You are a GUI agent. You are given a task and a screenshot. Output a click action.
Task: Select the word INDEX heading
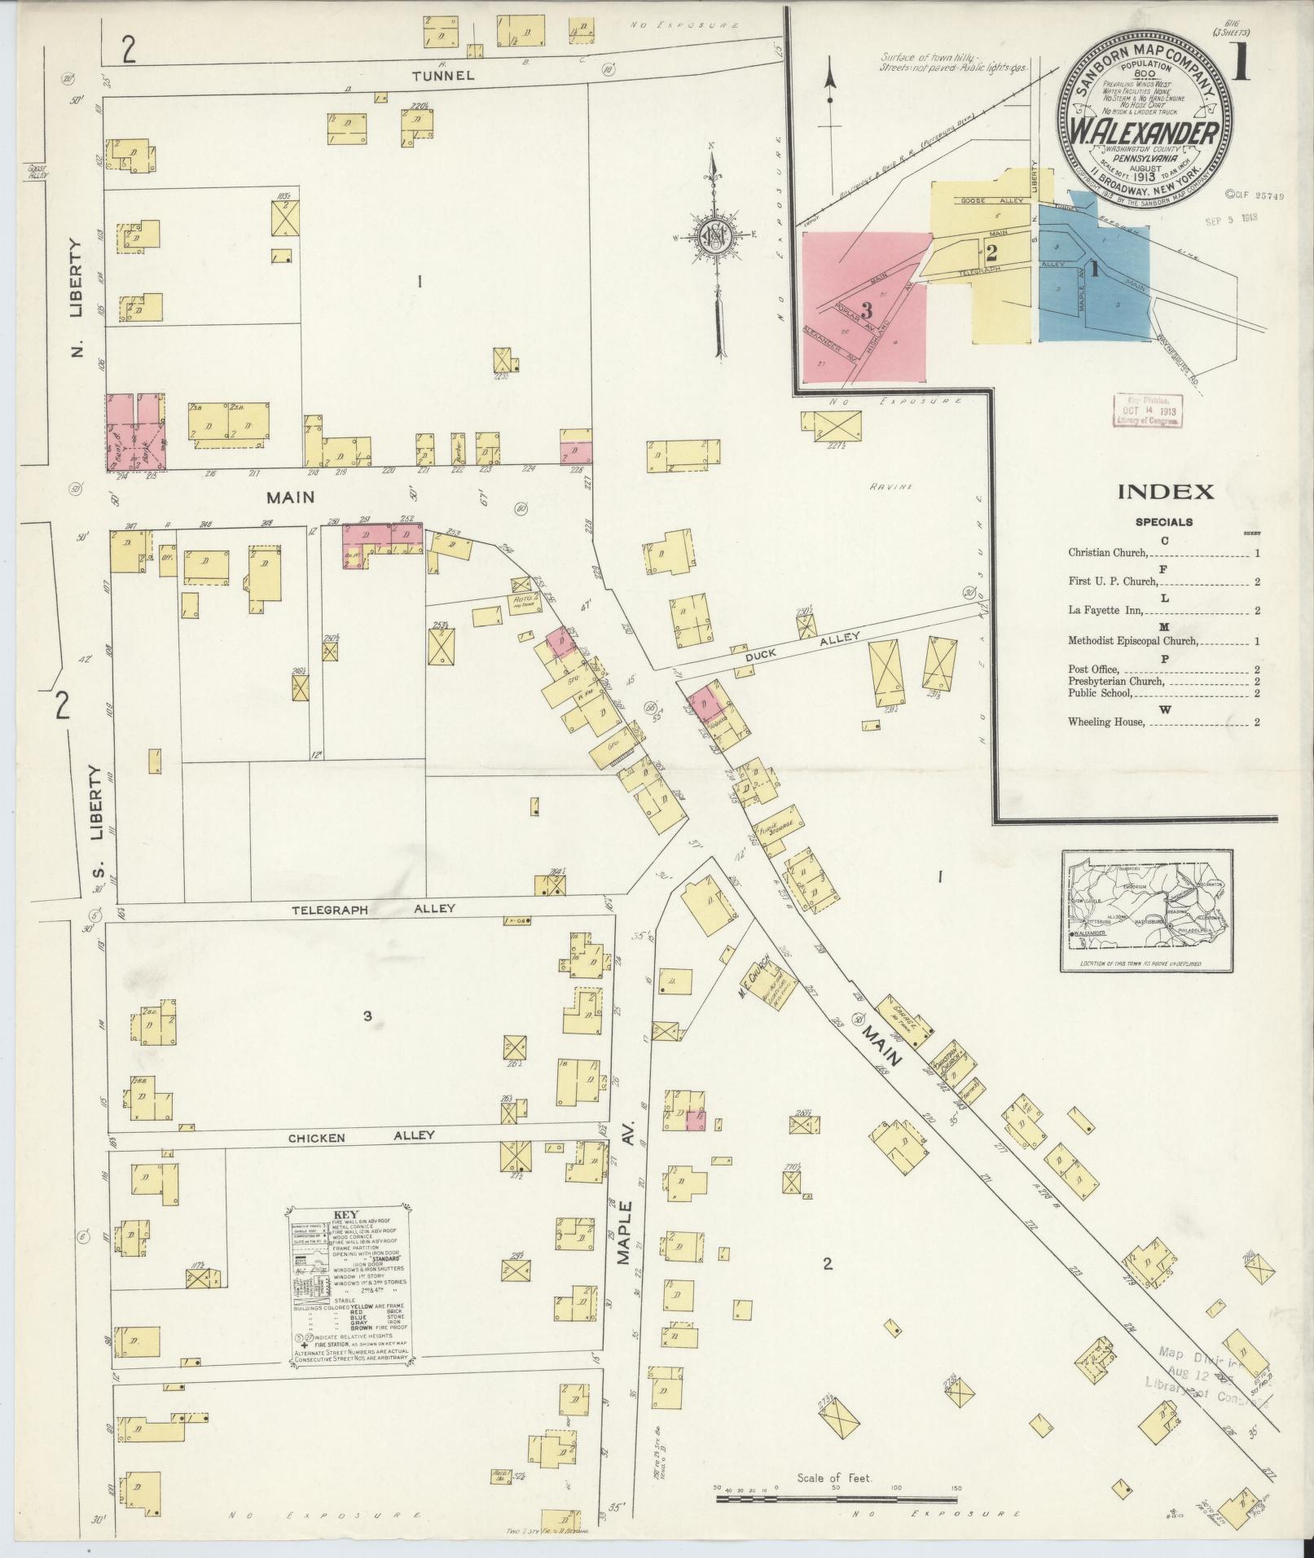[1165, 492]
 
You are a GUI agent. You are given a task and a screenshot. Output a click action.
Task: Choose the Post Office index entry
[1093, 669]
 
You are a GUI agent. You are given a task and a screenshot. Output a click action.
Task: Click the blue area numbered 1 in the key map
[1096, 269]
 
